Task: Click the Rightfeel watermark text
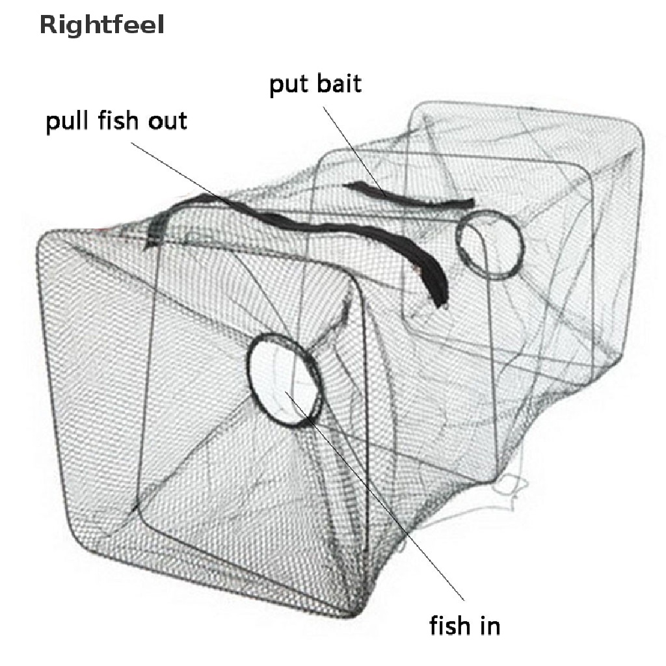click(101, 25)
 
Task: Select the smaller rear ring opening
click(489, 245)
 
